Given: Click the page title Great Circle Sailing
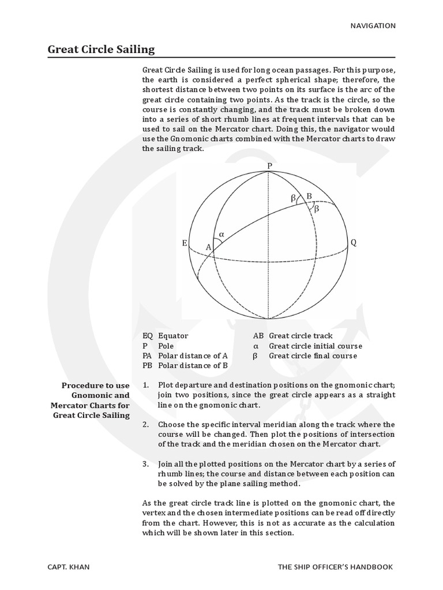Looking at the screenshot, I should pos(101,49).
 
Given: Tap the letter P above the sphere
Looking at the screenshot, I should pos(269,166).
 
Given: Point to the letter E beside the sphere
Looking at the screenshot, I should pos(185,243).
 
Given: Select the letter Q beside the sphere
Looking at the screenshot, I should pos(354,243).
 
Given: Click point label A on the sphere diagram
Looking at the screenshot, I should pos(209,247).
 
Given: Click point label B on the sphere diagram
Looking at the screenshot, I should pos(309,196).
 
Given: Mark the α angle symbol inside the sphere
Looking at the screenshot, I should pos(221,235).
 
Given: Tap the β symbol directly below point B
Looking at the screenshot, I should pos(316,209).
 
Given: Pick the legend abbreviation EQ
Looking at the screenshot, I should pos(148,336).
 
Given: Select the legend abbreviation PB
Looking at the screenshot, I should pos(148,365).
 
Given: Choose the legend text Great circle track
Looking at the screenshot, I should pos(301,336).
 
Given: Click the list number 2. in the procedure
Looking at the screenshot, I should pos(146,425).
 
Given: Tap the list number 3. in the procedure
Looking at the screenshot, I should pos(146,464).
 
